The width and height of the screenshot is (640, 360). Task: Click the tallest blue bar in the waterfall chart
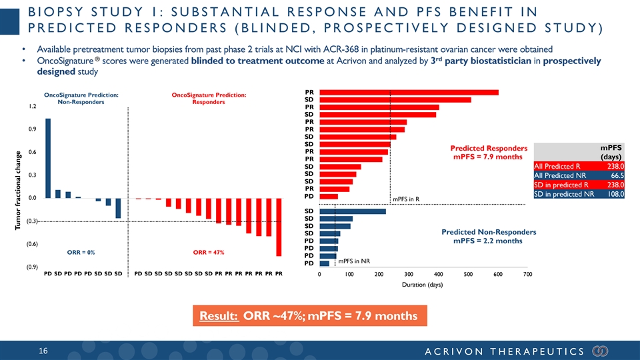[48, 158]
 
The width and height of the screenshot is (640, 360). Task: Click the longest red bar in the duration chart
[409, 92]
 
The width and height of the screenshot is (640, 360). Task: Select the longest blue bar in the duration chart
[353, 212]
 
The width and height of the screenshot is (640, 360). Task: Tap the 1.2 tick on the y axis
[32, 106]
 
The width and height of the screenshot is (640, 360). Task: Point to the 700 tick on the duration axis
[527, 274]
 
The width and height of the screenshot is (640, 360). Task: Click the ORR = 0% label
[81, 253]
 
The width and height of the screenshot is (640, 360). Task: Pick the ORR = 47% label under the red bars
[207, 253]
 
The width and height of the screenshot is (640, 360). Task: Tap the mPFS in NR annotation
[354, 261]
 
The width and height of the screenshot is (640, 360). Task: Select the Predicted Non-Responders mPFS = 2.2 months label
[489, 236]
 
